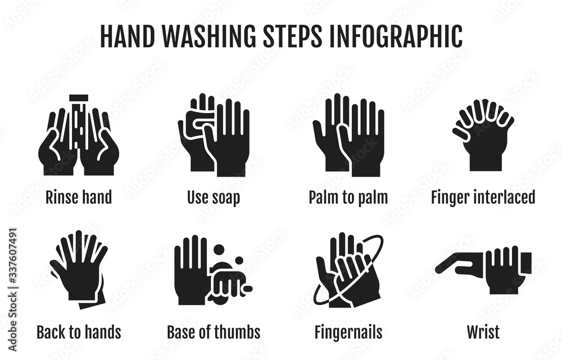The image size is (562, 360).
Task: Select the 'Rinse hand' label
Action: pyautogui.click(x=79, y=197)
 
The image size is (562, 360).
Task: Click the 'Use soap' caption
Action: pyautogui.click(x=213, y=197)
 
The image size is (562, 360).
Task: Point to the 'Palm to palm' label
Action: pyautogui.click(x=348, y=197)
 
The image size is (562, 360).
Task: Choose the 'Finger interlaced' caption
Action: pyautogui.click(x=483, y=197)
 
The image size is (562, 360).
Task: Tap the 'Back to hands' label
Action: pyautogui.click(x=79, y=332)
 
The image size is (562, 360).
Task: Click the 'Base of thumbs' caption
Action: pyautogui.click(x=213, y=332)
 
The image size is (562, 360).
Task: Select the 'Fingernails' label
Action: pyautogui.click(x=348, y=332)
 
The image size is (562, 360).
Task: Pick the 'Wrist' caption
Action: pyautogui.click(x=483, y=332)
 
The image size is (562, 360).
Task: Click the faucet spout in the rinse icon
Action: pyautogui.click(x=79, y=97)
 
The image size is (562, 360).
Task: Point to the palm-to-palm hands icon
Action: pyautogui.click(x=348, y=135)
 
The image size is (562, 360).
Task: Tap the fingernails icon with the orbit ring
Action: pyautogui.click(x=348, y=270)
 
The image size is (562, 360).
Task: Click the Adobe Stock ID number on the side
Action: pyautogui.click(x=12, y=257)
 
